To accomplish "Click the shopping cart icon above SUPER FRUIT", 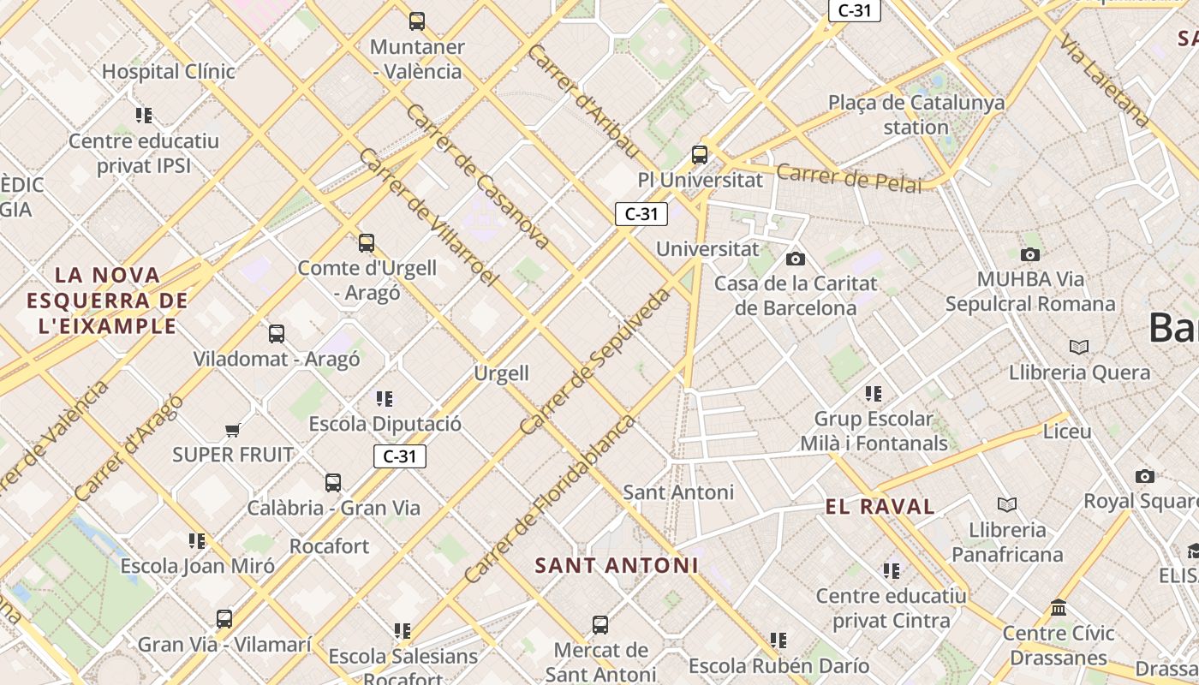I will (232, 430).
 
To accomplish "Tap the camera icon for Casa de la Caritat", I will (796, 259).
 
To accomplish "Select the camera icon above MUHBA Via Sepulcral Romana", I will (1030, 254).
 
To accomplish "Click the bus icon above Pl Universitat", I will (700, 155).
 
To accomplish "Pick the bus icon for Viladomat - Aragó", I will (276, 334).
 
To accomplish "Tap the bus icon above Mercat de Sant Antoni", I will (600, 625).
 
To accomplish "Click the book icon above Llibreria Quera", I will (1079, 347).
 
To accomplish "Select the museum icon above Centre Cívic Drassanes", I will (1059, 608).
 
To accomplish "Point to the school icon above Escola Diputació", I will (385, 399).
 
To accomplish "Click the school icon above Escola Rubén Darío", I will (778, 640).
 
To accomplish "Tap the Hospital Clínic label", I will (169, 72).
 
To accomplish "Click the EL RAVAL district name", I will (880, 506).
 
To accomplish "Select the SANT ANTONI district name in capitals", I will (617, 565).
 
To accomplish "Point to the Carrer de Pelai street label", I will (849, 179).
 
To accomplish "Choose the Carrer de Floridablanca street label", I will (550, 499).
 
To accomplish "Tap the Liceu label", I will (1067, 432).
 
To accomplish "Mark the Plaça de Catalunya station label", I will (916, 115).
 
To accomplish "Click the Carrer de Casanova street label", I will (478, 177).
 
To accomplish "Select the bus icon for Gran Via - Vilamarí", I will (224, 618).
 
